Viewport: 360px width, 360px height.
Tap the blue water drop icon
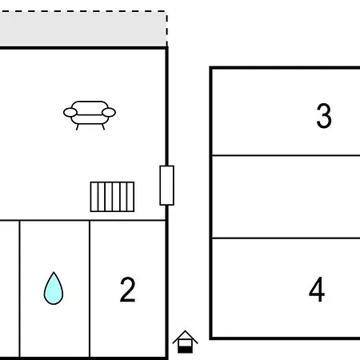coord(54,290)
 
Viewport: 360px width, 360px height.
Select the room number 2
coord(128,290)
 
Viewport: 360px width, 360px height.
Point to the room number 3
coord(324,116)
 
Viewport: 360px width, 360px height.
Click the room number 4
coord(317,290)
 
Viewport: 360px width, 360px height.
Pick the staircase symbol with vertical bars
coord(112,197)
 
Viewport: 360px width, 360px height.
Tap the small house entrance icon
coord(185,342)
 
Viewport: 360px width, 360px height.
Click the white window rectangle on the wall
coord(167,186)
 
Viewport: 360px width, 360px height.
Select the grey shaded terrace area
coord(83,30)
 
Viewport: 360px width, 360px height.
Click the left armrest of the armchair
coord(70,113)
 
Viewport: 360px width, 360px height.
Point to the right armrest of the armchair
coord(109,113)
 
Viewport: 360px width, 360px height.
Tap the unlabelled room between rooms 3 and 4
coord(286,197)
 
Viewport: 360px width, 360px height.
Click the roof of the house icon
coord(185,337)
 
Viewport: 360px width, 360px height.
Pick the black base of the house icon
coord(185,350)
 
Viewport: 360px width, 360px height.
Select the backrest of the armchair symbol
coord(90,108)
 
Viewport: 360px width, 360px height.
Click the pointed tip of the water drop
coord(54,272)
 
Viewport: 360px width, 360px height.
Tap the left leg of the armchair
coord(78,127)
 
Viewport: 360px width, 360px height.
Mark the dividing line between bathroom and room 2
coord(90,289)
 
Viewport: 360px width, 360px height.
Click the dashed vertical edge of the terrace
coord(167,30)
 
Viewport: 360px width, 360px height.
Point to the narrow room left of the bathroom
coord(10,289)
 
